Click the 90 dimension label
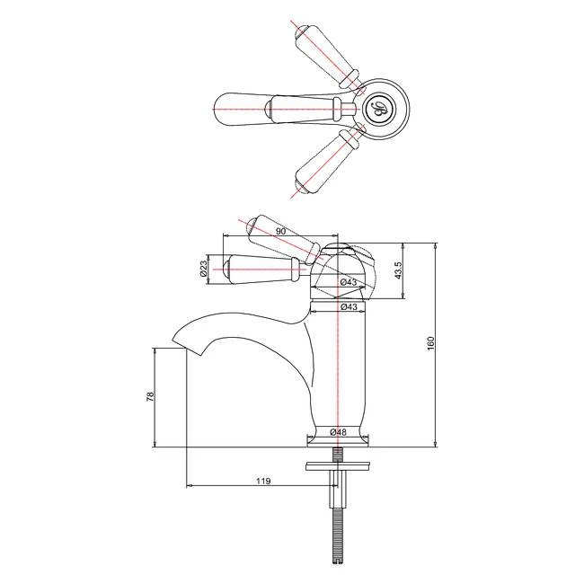[x=280, y=232]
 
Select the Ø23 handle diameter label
[x=205, y=268]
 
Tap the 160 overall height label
[x=430, y=344]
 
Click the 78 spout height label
[x=150, y=396]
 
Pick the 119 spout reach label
[x=262, y=482]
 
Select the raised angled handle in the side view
[x=284, y=237]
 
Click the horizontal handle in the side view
[x=265, y=267]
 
